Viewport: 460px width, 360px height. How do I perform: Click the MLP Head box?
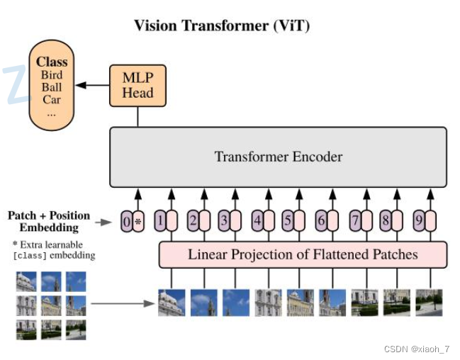click(138, 85)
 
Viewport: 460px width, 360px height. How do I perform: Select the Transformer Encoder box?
click(278, 157)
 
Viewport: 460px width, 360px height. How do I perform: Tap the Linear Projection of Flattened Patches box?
click(303, 254)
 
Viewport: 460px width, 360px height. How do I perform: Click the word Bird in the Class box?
click(51, 75)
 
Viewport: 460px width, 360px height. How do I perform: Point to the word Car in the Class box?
click(51, 99)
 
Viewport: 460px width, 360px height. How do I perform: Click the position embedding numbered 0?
click(127, 222)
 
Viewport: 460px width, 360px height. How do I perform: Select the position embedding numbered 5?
click(288, 221)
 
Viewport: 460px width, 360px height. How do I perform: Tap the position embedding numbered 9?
click(419, 221)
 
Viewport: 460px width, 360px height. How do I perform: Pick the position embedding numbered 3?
click(223, 221)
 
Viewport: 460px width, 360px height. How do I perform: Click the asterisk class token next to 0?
click(138, 222)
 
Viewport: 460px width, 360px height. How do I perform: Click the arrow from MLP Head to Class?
click(91, 85)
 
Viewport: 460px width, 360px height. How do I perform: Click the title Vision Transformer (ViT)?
click(222, 26)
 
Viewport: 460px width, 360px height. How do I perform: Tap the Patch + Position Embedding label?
click(49, 221)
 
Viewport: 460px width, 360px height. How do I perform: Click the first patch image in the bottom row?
click(172, 303)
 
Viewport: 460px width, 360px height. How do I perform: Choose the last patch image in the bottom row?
click(428, 303)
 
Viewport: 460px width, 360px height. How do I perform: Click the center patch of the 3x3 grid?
click(51, 305)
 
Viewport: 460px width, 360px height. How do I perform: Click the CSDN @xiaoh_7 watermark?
click(417, 349)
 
